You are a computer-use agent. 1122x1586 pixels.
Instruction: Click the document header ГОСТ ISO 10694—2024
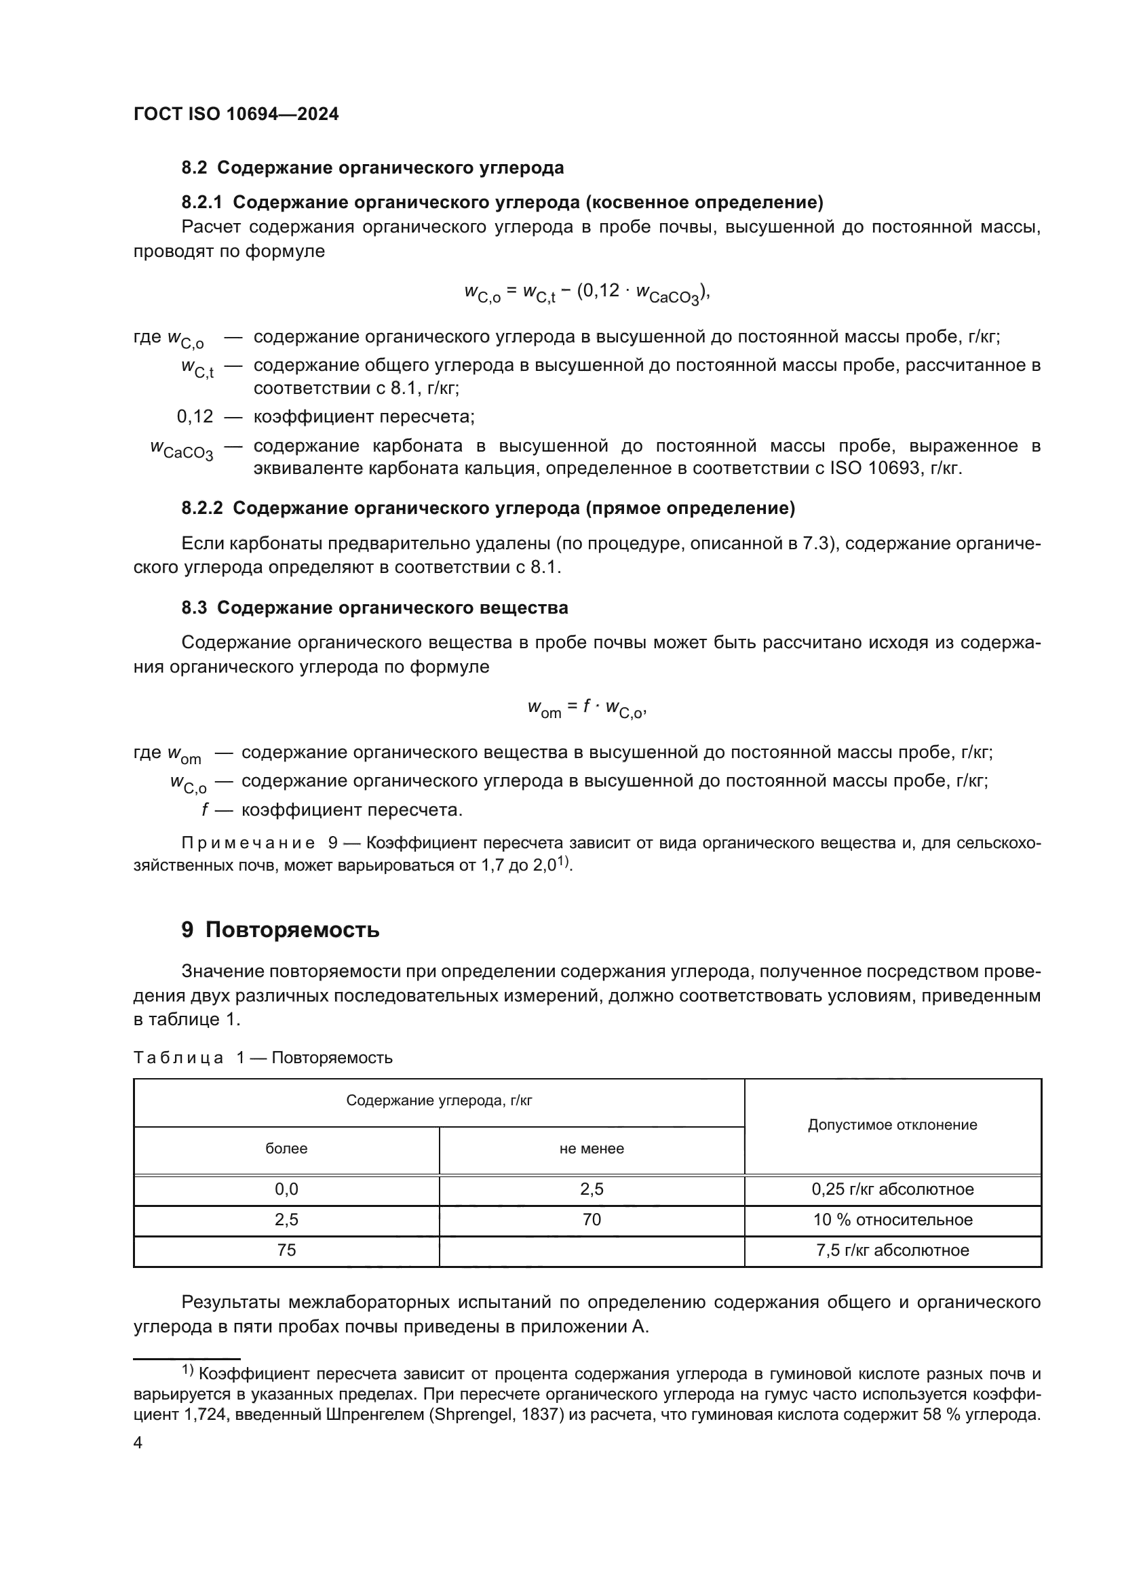(x=235, y=114)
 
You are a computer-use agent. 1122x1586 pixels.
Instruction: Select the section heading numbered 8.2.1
(x=501, y=202)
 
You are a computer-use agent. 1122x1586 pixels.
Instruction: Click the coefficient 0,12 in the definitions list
(x=195, y=416)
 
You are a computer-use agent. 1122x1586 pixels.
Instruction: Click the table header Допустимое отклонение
(x=892, y=1124)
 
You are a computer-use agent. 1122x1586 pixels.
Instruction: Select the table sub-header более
(x=286, y=1148)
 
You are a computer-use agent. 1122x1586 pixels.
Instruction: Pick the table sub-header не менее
(x=592, y=1148)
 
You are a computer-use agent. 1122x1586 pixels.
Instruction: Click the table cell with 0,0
(x=286, y=1189)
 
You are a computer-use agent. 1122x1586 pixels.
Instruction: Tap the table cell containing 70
(x=592, y=1219)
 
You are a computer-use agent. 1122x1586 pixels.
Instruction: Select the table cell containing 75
(x=286, y=1250)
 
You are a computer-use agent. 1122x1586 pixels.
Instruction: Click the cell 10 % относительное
(x=892, y=1219)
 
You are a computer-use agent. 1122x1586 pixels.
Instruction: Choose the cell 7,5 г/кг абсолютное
(x=892, y=1250)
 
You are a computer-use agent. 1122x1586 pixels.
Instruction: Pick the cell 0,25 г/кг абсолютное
(x=892, y=1189)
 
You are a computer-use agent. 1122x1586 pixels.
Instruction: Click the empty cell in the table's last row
(x=592, y=1250)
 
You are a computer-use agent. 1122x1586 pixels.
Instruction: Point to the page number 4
(x=138, y=1443)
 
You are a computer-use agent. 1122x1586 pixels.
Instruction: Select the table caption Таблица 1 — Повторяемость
(x=263, y=1058)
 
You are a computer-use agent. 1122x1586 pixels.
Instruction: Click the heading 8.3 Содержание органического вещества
(x=374, y=608)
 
